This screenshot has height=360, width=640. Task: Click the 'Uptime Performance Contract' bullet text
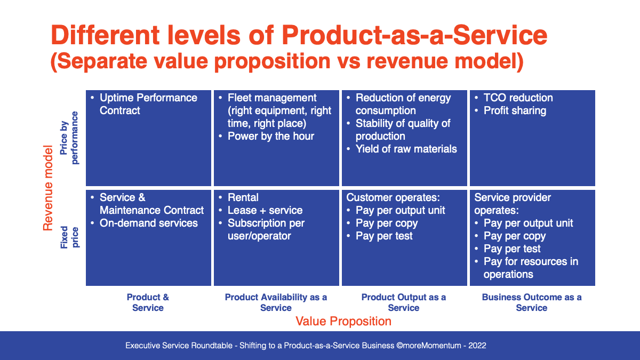click(x=148, y=104)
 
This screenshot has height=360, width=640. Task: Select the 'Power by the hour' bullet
click(x=270, y=137)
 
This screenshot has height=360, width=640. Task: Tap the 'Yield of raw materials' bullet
click(x=406, y=149)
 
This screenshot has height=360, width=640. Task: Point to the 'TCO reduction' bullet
click(x=518, y=98)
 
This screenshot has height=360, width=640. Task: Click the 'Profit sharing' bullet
click(x=515, y=110)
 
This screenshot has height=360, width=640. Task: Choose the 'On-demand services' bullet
click(x=149, y=223)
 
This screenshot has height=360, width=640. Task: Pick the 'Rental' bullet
click(x=243, y=197)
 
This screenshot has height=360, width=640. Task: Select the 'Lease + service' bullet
click(x=265, y=210)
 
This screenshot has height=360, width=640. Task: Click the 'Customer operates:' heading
click(x=393, y=197)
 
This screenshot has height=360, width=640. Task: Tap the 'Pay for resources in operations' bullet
click(x=531, y=268)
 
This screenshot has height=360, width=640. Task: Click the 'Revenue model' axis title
click(x=48, y=188)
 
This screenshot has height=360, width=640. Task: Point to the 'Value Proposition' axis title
click(x=343, y=321)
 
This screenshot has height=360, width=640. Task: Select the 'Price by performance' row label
click(x=69, y=138)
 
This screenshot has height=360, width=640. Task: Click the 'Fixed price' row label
click(x=69, y=237)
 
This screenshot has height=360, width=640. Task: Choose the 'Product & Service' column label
click(x=148, y=302)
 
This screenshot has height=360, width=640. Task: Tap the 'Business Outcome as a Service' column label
click(x=532, y=302)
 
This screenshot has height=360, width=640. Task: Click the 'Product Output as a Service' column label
click(x=403, y=302)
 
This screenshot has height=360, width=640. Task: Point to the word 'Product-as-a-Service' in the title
click(x=414, y=35)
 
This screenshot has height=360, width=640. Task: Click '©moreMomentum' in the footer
click(x=429, y=346)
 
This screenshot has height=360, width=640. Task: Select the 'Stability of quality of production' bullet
click(x=403, y=130)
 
